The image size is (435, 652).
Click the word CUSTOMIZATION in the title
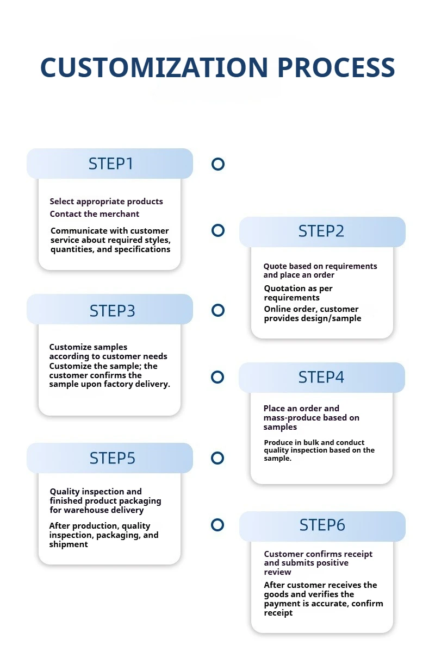[x=154, y=67]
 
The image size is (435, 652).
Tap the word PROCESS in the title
[x=336, y=67]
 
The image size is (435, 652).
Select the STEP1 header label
[x=111, y=164]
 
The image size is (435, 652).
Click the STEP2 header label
[x=321, y=231]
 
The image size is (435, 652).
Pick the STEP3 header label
[x=112, y=311]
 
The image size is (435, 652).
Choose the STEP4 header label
[x=321, y=377]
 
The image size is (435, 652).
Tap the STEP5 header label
[x=112, y=458]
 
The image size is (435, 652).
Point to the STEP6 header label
[x=322, y=525]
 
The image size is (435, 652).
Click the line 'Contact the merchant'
[x=95, y=214]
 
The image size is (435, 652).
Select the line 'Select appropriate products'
[x=107, y=202]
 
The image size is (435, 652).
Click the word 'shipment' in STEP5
[x=69, y=544]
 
